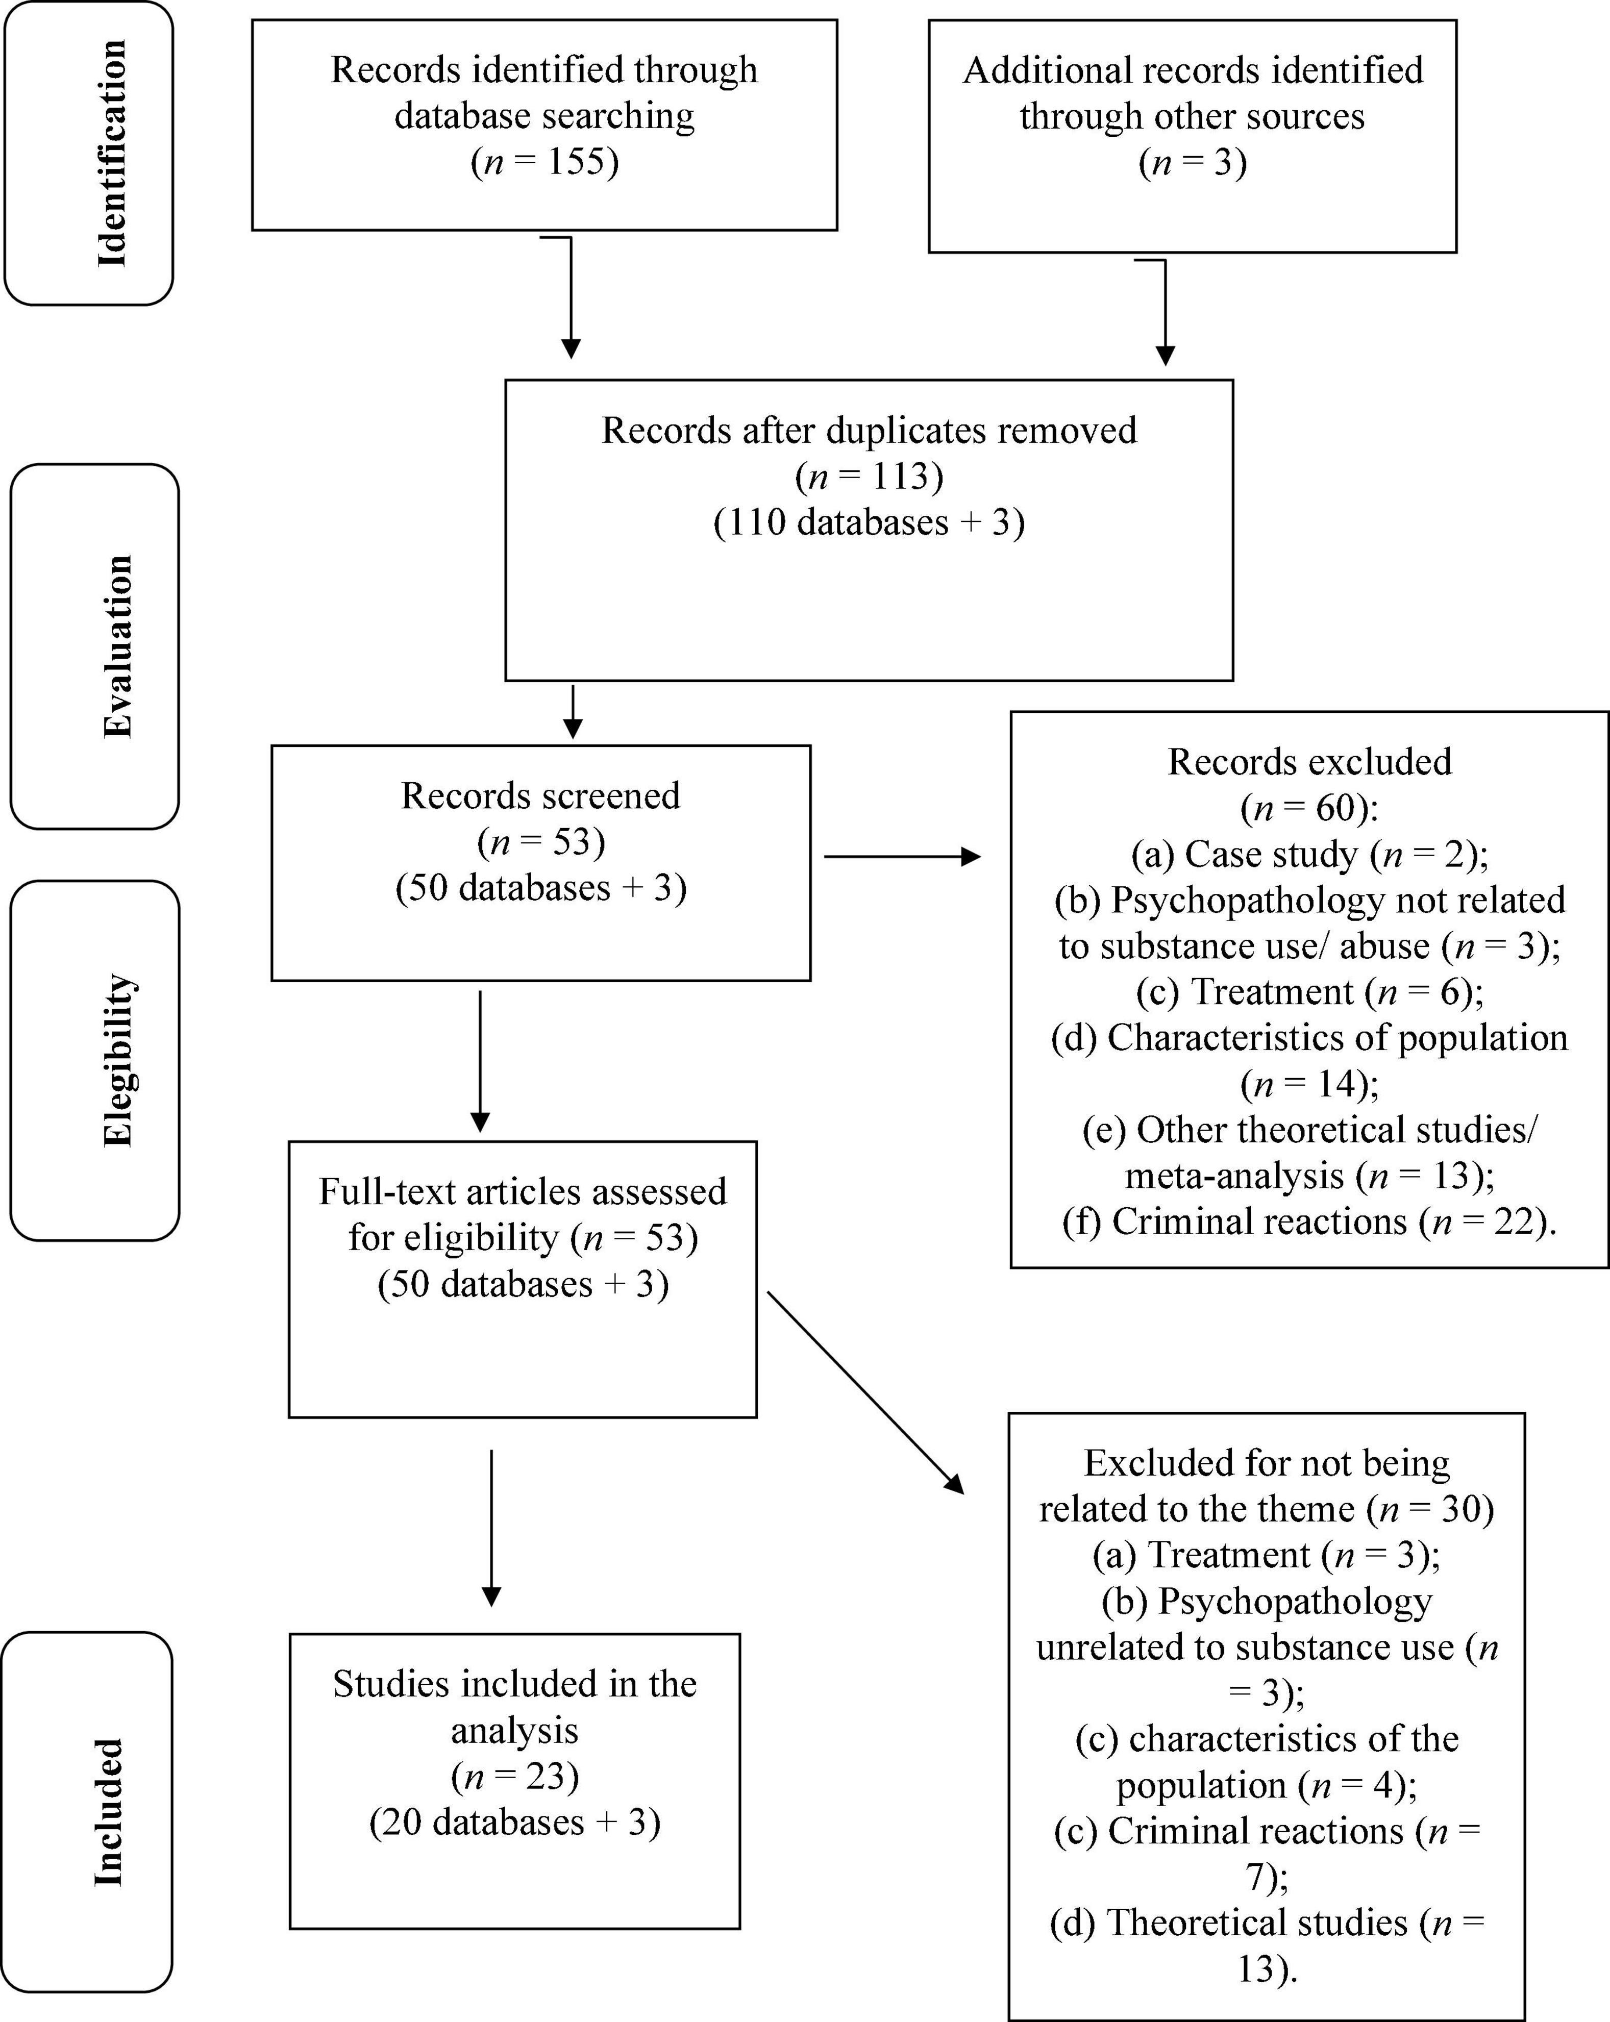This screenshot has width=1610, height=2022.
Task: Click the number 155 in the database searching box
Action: (x=576, y=162)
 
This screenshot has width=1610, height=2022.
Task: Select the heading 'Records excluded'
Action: (x=1309, y=762)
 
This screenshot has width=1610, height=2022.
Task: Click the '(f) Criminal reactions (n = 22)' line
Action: (x=1309, y=1221)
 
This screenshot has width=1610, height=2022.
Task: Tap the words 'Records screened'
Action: (x=540, y=795)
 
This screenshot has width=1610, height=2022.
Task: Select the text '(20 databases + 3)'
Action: (x=514, y=1821)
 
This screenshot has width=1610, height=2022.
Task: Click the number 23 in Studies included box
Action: (x=544, y=1776)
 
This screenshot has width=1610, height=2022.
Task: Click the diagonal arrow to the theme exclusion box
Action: (x=865, y=1392)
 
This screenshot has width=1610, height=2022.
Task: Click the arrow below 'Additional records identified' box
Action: (x=1165, y=314)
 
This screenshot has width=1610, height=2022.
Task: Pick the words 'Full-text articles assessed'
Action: (x=523, y=1191)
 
